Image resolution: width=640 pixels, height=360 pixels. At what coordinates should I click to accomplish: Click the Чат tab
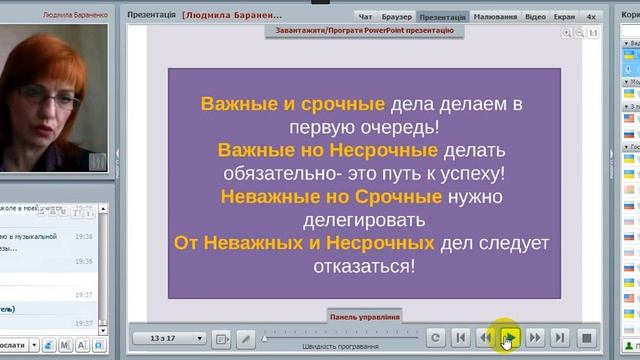tap(365, 17)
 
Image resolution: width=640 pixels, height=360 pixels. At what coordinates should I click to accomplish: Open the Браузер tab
tap(395, 17)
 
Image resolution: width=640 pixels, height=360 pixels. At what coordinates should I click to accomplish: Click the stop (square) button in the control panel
tap(587, 338)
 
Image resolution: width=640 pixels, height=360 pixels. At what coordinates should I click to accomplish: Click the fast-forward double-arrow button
tap(535, 338)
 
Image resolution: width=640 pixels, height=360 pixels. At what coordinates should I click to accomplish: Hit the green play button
tap(510, 338)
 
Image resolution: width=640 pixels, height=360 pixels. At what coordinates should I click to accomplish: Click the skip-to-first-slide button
tap(460, 338)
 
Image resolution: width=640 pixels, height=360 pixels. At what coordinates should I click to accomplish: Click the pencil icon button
tap(246, 338)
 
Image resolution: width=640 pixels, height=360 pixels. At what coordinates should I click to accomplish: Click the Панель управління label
tap(365, 316)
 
